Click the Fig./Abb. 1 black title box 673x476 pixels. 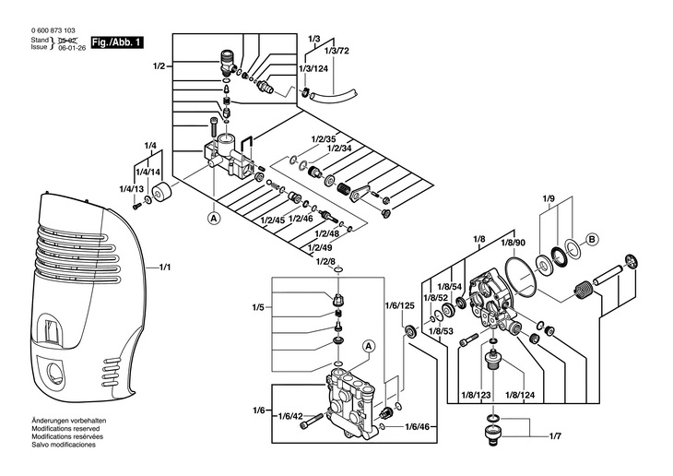pos(117,42)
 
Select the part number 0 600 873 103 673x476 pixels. pos(53,30)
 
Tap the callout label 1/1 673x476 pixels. pos(165,268)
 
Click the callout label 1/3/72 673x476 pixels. pos(336,51)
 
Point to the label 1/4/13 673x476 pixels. pos(131,189)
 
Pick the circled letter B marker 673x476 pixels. pos(592,239)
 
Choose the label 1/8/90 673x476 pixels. pos(514,243)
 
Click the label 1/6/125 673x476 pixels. pos(399,306)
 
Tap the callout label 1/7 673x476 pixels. pos(555,436)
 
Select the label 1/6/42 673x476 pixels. pos(290,415)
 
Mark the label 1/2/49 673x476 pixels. pos(320,248)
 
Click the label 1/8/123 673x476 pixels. pos(476,395)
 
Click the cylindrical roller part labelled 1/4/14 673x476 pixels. pos(162,192)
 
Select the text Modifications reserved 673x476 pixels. pos(65,428)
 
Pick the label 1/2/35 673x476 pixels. pos(324,139)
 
